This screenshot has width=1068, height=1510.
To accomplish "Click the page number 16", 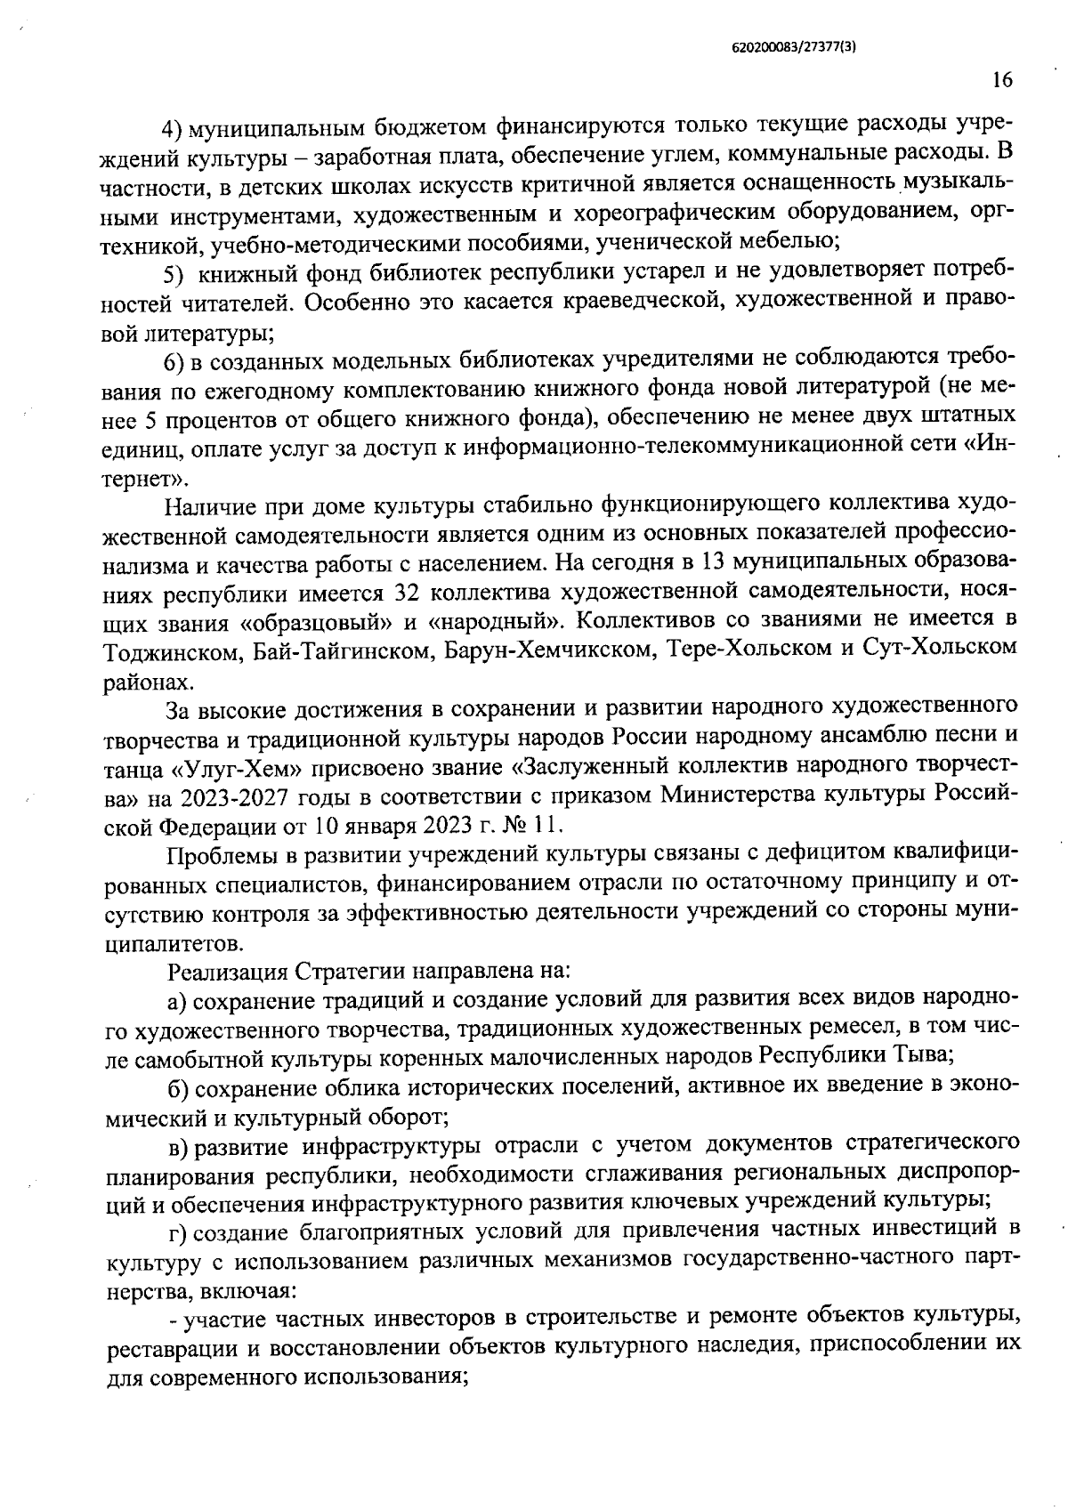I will coord(1001,80).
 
